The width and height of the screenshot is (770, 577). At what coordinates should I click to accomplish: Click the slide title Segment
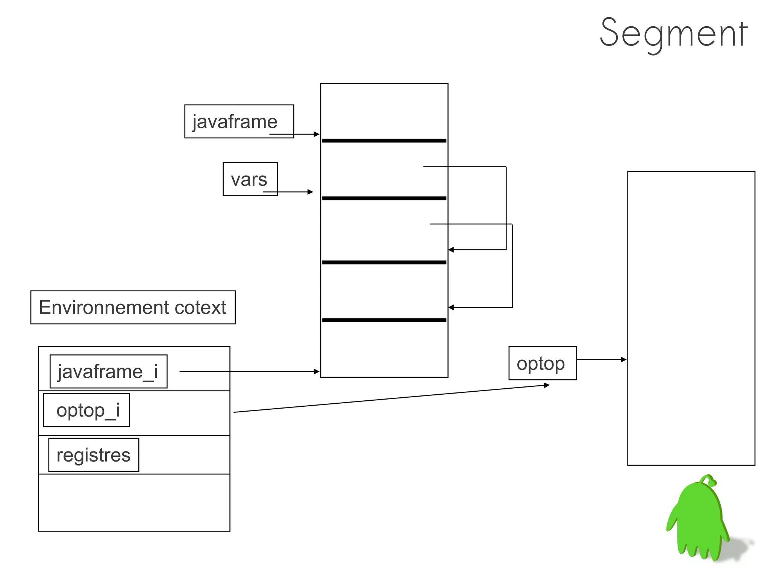[x=673, y=34]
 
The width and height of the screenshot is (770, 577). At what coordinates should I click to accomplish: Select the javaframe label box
[x=239, y=121]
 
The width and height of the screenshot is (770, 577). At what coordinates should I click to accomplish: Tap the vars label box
[x=250, y=179]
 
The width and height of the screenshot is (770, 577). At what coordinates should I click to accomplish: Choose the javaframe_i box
[x=108, y=371]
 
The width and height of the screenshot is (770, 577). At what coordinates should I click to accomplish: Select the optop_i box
[x=86, y=410]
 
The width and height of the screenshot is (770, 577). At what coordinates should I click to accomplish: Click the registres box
[x=94, y=455]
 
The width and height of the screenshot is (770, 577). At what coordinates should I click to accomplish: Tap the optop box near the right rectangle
[x=542, y=363]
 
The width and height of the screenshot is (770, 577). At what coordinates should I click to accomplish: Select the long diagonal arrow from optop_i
[x=391, y=398]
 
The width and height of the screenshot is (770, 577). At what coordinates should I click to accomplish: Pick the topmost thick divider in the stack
[x=384, y=141]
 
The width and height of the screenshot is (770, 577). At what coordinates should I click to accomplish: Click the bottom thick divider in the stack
[x=384, y=320]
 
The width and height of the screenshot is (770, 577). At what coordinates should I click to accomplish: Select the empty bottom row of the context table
[x=134, y=503]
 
